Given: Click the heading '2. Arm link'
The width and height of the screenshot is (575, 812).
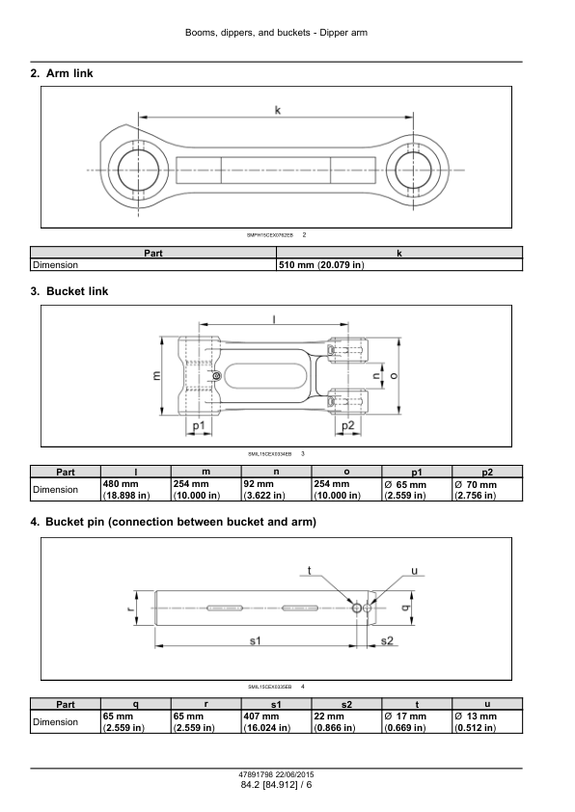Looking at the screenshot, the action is [62, 73].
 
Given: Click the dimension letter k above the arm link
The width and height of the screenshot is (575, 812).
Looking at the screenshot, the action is [278, 110].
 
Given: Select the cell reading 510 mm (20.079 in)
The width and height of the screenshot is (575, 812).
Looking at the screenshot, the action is [399, 264].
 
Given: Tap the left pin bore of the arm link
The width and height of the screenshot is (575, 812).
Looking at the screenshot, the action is [138, 170].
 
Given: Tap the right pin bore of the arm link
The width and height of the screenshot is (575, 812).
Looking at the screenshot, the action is [413, 170].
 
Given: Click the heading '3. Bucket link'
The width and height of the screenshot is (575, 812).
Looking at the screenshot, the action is [69, 291].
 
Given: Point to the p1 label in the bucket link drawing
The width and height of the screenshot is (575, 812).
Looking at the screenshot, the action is [199, 425].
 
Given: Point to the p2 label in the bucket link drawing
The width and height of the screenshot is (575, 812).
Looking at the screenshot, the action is [348, 425].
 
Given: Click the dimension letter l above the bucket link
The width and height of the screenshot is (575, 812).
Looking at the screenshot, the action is [274, 319].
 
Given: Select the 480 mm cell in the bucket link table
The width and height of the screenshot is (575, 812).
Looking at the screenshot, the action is [136, 489].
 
